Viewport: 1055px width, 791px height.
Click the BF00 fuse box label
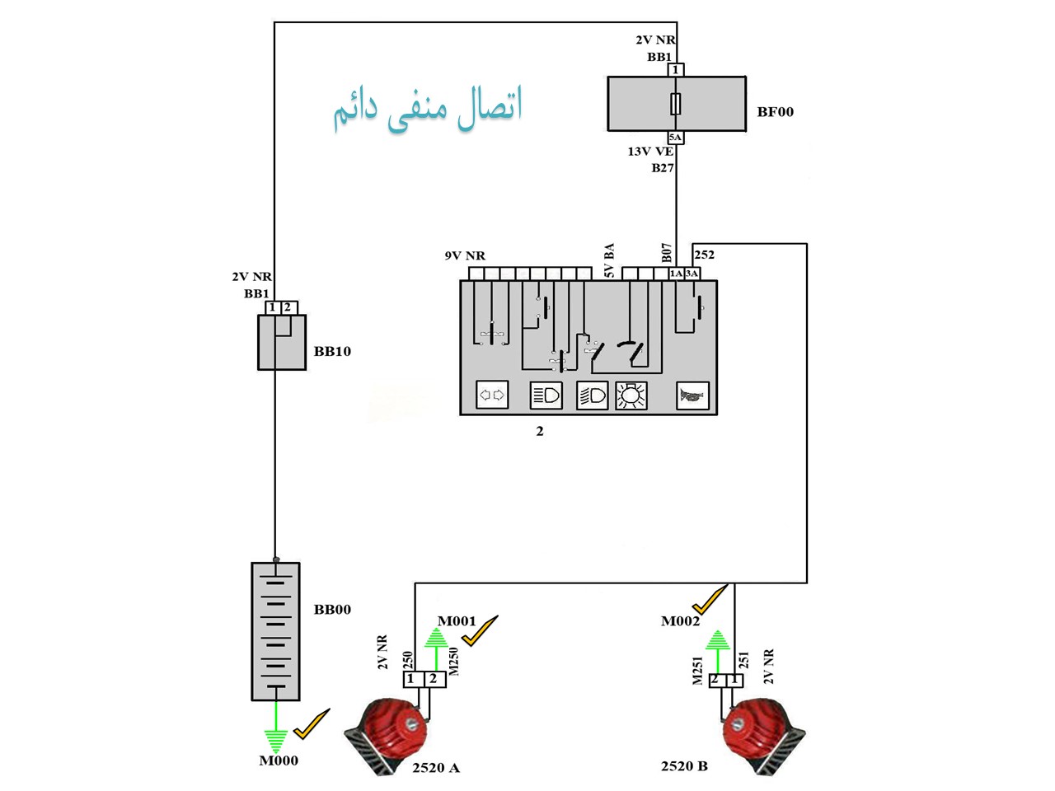click(x=775, y=112)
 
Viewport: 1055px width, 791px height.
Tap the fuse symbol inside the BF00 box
click(x=675, y=104)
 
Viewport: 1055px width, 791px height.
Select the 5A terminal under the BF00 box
click(x=675, y=138)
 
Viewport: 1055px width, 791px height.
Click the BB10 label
click(x=332, y=351)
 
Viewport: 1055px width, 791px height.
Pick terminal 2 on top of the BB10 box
click(x=288, y=308)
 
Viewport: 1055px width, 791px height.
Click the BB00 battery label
click(x=332, y=610)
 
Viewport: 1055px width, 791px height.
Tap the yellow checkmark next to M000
click(x=312, y=723)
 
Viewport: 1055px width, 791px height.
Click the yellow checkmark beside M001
click(x=480, y=630)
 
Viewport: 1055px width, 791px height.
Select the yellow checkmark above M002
click(x=710, y=599)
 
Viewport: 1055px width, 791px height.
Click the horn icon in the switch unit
click(x=692, y=395)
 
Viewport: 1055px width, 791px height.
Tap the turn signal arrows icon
click(x=492, y=395)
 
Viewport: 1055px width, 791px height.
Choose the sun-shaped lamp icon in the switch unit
click(x=631, y=395)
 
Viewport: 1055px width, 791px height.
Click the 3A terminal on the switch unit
click(x=692, y=274)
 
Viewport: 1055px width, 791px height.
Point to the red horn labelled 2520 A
click(x=386, y=735)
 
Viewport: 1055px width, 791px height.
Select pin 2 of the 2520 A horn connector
click(x=434, y=680)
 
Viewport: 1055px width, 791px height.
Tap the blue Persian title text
click(x=428, y=109)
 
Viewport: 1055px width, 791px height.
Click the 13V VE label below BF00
click(x=650, y=152)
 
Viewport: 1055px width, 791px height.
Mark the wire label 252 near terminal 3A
click(x=705, y=255)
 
